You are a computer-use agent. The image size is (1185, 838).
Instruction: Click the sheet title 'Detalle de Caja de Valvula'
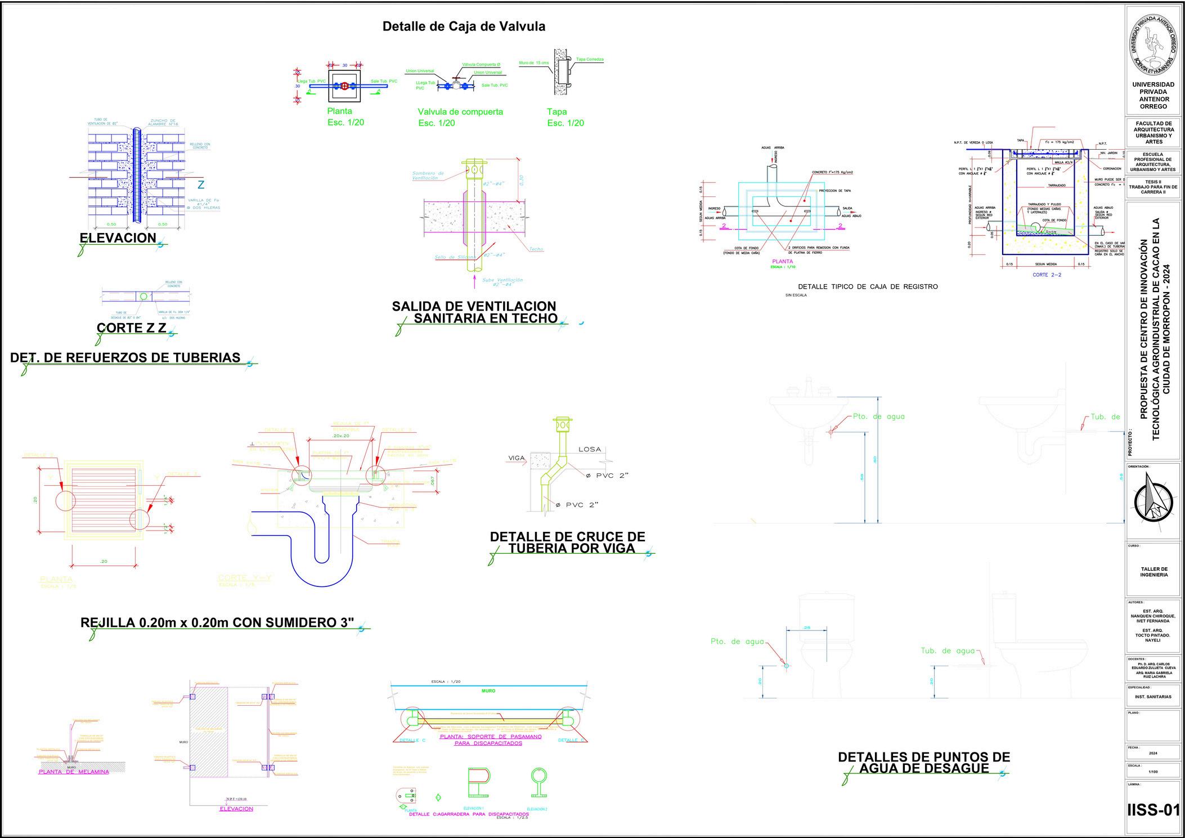pyautogui.click(x=464, y=26)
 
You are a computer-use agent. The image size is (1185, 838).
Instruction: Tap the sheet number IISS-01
pyautogui.click(x=1153, y=811)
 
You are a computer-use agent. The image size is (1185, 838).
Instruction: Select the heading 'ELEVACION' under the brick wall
pyautogui.click(x=118, y=238)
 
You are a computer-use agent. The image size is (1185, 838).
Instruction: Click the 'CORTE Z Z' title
pyautogui.click(x=132, y=328)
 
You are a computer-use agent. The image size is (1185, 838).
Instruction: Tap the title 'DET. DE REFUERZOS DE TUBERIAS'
pyautogui.click(x=125, y=358)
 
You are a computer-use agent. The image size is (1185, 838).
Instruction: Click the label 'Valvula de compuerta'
pyautogui.click(x=460, y=112)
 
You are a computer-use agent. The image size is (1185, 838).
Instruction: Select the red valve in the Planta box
pyautogui.click(x=344, y=86)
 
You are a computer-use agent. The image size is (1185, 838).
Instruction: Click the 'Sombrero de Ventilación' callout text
pyautogui.click(x=428, y=176)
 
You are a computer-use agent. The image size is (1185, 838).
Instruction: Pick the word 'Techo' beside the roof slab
pyautogui.click(x=536, y=249)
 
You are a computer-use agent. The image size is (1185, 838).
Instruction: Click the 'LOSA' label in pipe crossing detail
pyautogui.click(x=590, y=450)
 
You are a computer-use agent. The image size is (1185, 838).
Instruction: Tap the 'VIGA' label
pyautogui.click(x=516, y=458)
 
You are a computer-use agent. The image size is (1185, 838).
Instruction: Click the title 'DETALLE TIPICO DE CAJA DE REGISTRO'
pyautogui.click(x=868, y=287)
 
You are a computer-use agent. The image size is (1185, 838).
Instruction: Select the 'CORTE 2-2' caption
pyautogui.click(x=1047, y=275)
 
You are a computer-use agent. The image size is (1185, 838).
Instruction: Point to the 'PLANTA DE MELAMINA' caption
pyautogui.click(x=74, y=772)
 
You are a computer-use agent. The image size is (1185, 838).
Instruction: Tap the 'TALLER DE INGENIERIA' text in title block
pyautogui.click(x=1153, y=572)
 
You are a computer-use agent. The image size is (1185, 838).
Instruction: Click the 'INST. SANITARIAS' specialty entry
pyautogui.click(x=1153, y=697)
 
